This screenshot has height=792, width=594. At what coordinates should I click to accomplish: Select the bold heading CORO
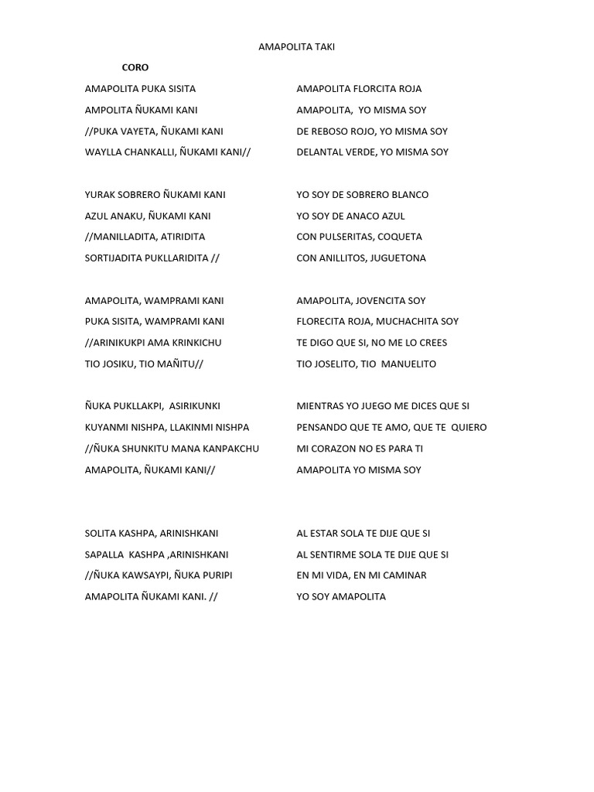[135, 68]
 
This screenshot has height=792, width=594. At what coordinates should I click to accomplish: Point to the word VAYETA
[141, 131]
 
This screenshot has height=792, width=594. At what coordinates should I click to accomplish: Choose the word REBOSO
[331, 131]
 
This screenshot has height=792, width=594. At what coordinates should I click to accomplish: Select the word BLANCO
[410, 195]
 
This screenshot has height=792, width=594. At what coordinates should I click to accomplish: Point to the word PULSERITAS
[348, 237]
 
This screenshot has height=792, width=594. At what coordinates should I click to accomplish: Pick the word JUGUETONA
[398, 258]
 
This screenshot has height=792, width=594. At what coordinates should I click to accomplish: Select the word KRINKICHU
[197, 343]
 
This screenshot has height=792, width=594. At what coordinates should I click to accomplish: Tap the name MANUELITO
[408, 364]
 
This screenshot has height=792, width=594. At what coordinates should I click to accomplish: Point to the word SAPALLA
[104, 555]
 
